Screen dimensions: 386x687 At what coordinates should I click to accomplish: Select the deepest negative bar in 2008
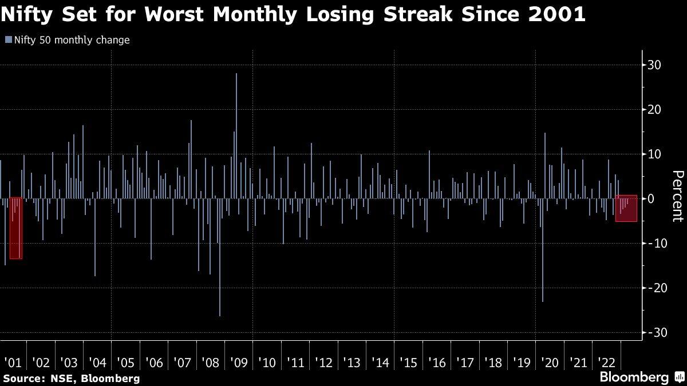pyautogui.click(x=220, y=257)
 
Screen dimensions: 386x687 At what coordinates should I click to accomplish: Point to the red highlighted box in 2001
pyautogui.click(x=16, y=228)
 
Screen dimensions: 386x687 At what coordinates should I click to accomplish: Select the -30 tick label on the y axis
pyautogui.click(x=654, y=332)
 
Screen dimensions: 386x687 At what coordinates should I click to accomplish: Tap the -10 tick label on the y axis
pyautogui.click(x=654, y=243)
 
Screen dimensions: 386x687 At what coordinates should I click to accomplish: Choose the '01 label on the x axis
pyautogui.click(x=13, y=362)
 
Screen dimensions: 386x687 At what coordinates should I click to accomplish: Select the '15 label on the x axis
pyautogui.click(x=408, y=362)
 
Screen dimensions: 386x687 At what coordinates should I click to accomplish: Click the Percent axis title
pyautogui.click(x=677, y=196)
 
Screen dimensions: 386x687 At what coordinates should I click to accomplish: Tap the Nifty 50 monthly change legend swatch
pyautogui.click(x=7, y=40)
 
